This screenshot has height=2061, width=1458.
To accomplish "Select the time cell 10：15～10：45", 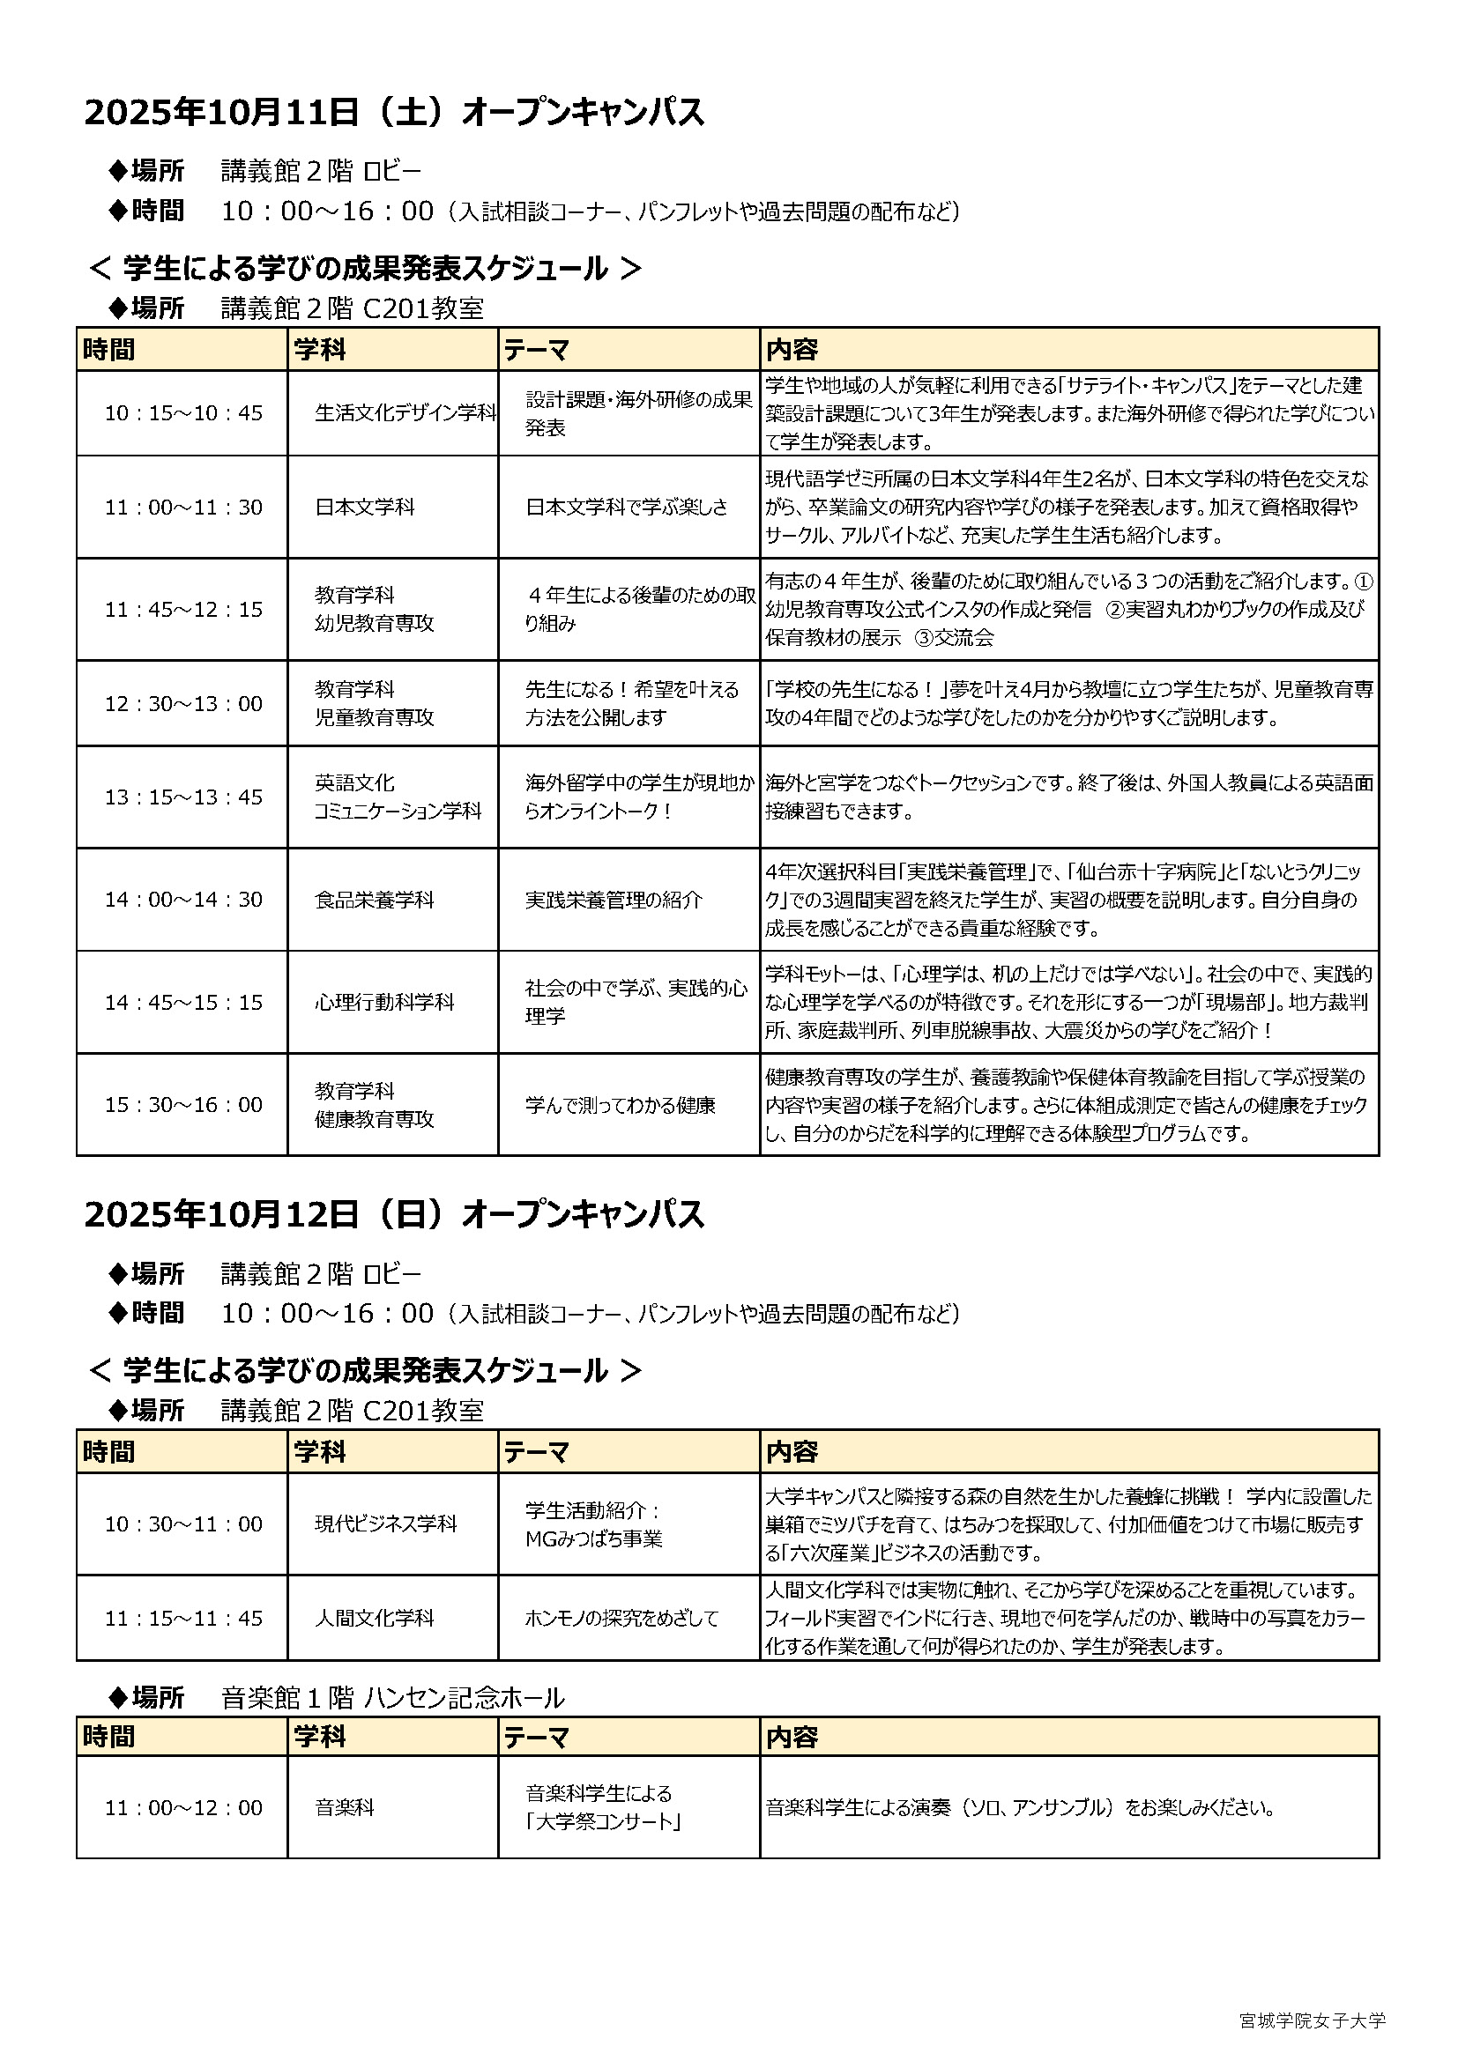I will [x=183, y=413].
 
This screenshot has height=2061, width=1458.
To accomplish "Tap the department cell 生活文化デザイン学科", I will [x=404, y=413].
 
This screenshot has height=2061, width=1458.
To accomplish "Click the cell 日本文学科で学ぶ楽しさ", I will [x=627, y=508].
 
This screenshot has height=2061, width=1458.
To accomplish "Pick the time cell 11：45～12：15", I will [x=183, y=610].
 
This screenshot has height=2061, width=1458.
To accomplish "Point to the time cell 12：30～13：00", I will [x=183, y=704].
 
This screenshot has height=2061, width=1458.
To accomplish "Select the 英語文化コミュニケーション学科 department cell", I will [x=397, y=797].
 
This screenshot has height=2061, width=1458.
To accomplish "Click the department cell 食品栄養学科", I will [x=374, y=900].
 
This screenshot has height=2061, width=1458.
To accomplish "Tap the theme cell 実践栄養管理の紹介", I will [x=614, y=900].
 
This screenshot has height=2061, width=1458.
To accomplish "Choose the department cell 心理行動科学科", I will [x=384, y=1003].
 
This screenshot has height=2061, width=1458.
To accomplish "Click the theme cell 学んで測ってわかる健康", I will [x=620, y=1105].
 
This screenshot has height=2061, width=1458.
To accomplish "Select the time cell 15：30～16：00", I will [x=183, y=1105].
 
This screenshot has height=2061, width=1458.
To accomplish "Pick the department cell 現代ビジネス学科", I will [x=385, y=1524].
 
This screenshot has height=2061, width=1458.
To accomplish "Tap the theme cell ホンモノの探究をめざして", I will [x=621, y=1619].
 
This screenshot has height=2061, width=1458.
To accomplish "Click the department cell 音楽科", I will [x=344, y=1808].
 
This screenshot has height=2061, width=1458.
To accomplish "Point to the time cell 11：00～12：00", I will [x=183, y=1808].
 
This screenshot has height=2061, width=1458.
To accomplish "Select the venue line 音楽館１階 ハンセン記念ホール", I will [x=392, y=1698].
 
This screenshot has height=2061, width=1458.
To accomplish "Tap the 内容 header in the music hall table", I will [x=791, y=1737].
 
